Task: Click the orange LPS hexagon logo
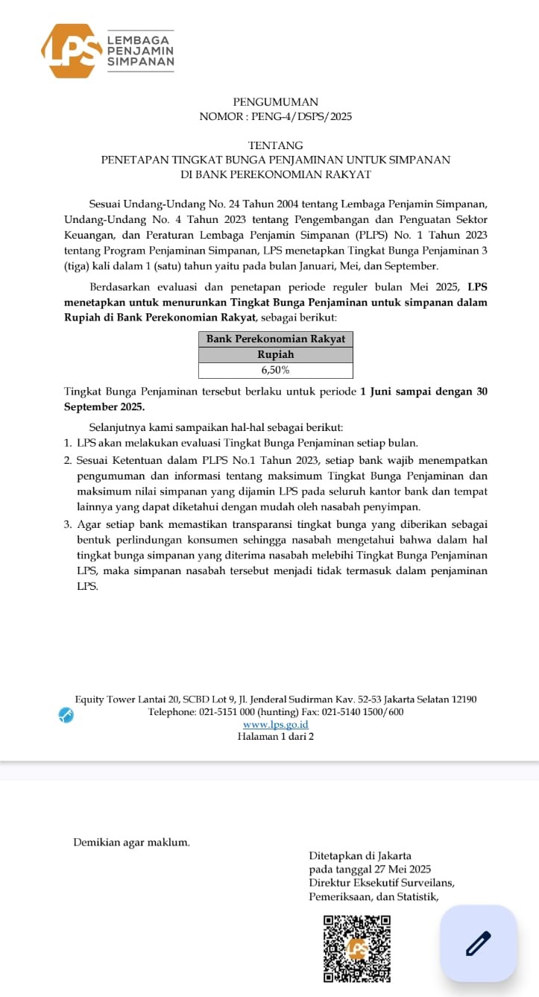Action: pyautogui.click(x=72, y=51)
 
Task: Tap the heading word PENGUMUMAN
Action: pyautogui.click(x=275, y=102)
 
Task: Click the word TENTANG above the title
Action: pyautogui.click(x=275, y=145)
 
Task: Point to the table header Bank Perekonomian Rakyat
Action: pyautogui.click(x=276, y=339)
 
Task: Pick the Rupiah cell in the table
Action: pyautogui.click(x=276, y=354)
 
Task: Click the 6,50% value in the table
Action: pyautogui.click(x=276, y=370)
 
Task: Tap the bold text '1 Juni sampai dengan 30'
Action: pyautogui.click(x=423, y=391)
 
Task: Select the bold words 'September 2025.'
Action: pyautogui.click(x=104, y=406)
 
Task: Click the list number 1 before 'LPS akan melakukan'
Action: pyautogui.click(x=68, y=442)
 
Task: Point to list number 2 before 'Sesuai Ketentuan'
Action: pyautogui.click(x=68, y=461)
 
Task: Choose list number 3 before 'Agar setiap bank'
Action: pyautogui.click(x=68, y=524)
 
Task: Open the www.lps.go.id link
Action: pyautogui.click(x=276, y=724)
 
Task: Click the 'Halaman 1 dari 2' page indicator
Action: pyautogui.click(x=276, y=737)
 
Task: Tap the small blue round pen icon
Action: pyautogui.click(x=66, y=714)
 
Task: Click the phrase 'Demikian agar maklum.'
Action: pyautogui.click(x=131, y=842)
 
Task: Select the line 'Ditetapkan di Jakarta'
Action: pyautogui.click(x=360, y=856)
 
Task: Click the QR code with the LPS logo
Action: pyautogui.click(x=357, y=948)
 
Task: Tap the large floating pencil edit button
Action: pyautogui.click(x=478, y=943)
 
